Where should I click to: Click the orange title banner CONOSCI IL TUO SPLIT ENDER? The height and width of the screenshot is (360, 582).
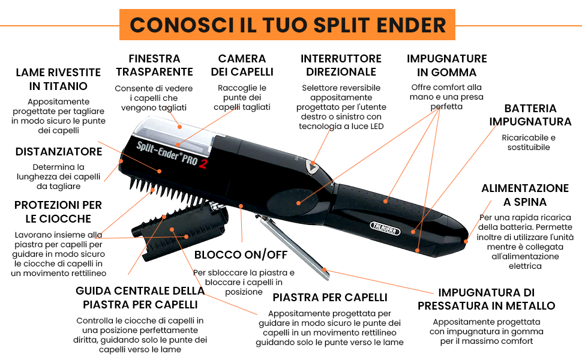[287, 25]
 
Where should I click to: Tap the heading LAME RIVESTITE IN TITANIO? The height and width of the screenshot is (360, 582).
[58, 79]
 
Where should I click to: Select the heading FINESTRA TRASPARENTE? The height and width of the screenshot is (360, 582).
[154, 65]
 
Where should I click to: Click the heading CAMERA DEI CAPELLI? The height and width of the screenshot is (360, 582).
[242, 65]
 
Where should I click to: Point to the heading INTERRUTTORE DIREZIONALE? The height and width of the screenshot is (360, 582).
[341, 65]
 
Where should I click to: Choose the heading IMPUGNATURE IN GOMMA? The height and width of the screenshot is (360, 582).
[446, 65]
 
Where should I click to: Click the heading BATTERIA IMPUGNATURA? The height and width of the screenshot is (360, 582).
[530, 115]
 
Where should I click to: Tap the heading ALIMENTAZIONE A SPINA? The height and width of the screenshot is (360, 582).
[525, 195]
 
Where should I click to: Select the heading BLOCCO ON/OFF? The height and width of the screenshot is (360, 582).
[241, 254]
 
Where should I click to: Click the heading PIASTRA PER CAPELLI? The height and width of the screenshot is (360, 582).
[330, 297]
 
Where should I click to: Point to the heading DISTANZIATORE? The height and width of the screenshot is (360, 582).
[59, 151]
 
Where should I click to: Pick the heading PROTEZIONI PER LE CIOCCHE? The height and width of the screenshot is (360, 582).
[58, 212]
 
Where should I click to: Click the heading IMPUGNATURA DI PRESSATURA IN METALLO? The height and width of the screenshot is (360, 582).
[486, 299]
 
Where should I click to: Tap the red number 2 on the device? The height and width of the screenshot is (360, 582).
[203, 163]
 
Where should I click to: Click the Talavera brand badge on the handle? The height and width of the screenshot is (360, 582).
[385, 229]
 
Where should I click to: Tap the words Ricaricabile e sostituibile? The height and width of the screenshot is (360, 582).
[529, 142]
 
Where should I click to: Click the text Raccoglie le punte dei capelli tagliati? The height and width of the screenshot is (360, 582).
[242, 97]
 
